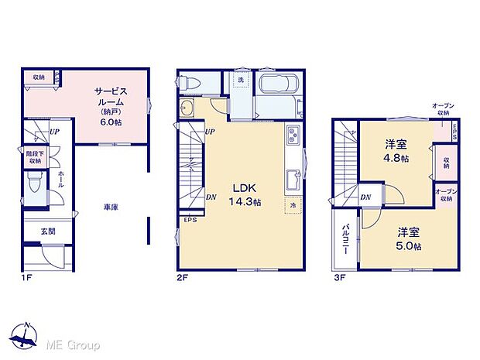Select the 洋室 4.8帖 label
[x=396, y=151]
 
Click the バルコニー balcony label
[x=343, y=243]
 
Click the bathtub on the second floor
[x=276, y=86]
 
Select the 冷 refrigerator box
[x=293, y=206]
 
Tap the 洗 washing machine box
[x=241, y=81]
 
